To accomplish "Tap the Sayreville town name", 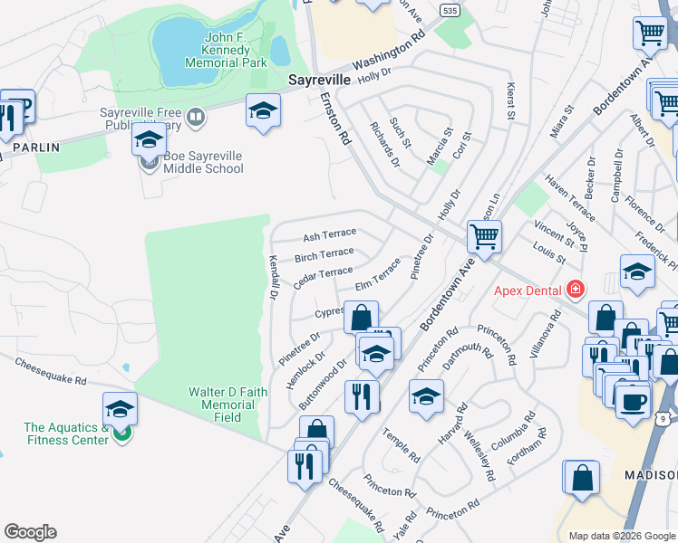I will [x=319, y=80].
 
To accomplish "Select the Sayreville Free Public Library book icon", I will [x=195, y=117].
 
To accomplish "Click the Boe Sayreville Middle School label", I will [x=203, y=162].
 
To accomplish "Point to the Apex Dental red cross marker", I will [x=573, y=291].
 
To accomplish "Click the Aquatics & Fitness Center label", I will [x=66, y=433].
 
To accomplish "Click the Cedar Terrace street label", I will [x=323, y=277].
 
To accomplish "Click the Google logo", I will [x=30, y=532].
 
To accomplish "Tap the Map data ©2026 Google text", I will [x=621, y=536].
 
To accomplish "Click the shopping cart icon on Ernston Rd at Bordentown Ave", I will [x=484, y=238].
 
